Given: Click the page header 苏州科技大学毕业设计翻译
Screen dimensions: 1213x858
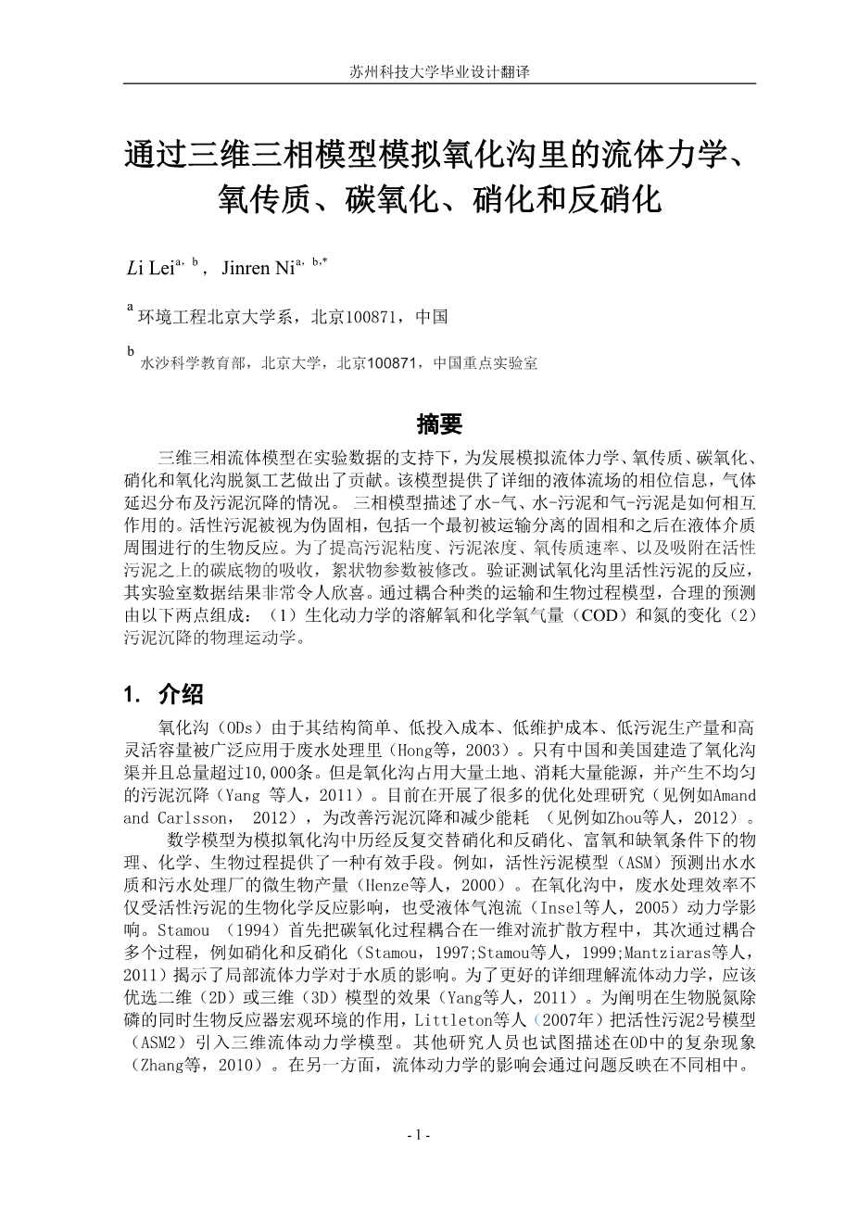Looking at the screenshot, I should pyautogui.click(x=439, y=71).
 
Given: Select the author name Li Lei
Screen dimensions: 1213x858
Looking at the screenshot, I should pyautogui.click(x=149, y=270).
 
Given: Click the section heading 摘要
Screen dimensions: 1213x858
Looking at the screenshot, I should pyautogui.click(x=439, y=424).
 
